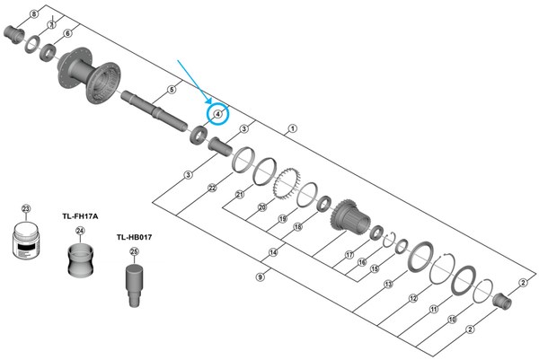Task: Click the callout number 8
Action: click(x=33, y=15)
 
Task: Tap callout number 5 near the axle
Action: click(x=171, y=89)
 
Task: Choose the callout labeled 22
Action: click(x=211, y=188)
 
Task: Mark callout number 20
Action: click(x=262, y=207)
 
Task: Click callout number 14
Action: click(x=273, y=252)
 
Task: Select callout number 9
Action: click(x=261, y=277)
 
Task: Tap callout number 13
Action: click(x=387, y=285)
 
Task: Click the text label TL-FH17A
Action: click(x=80, y=216)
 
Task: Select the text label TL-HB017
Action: click(x=134, y=237)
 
